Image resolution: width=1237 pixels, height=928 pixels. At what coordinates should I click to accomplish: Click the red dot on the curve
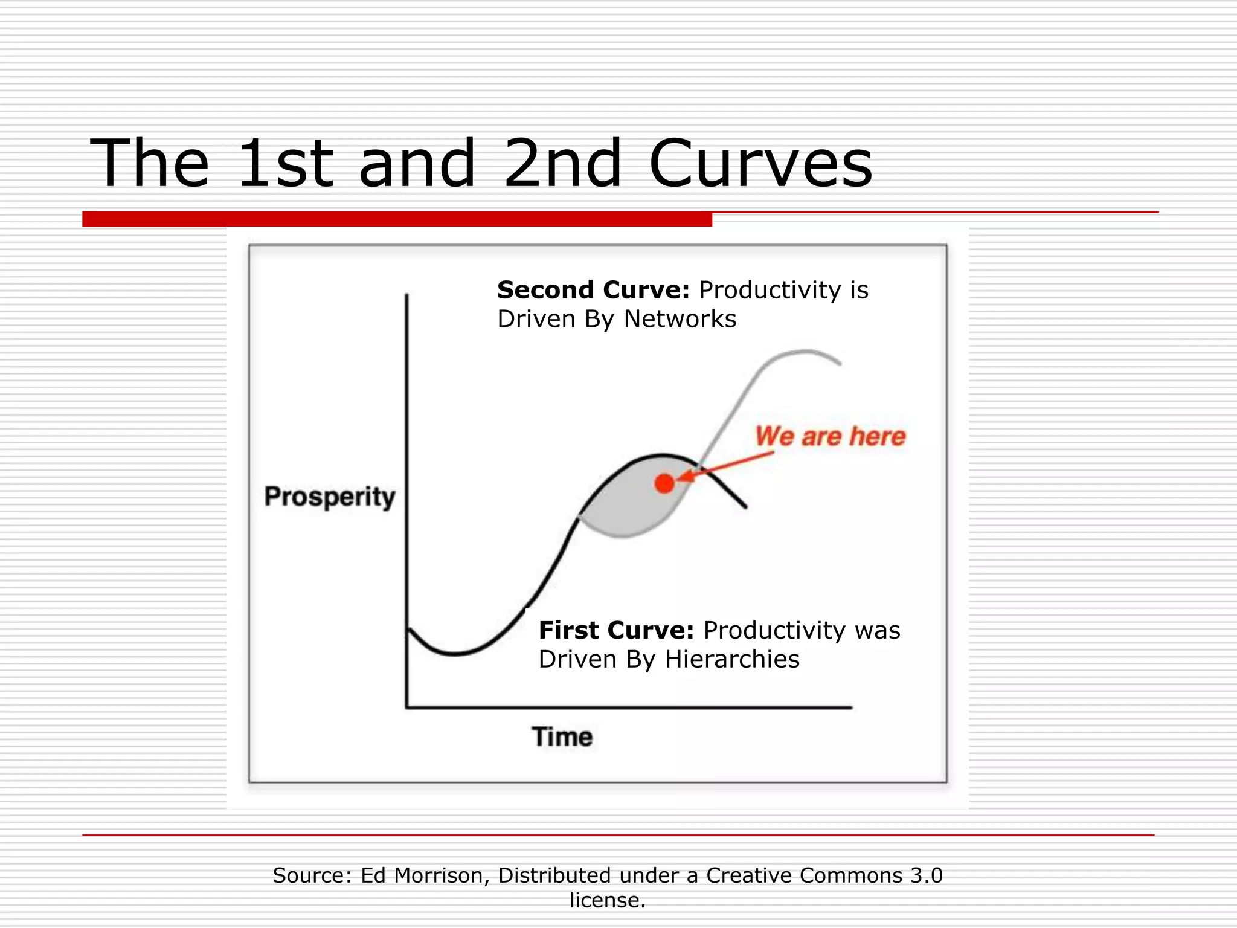click(664, 483)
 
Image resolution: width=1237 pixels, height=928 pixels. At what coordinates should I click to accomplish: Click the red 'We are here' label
click(831, 436)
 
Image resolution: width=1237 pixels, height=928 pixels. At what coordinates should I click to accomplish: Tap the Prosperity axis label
click(330, 497)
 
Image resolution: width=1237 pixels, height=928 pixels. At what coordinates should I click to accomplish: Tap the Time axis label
click(562, 737)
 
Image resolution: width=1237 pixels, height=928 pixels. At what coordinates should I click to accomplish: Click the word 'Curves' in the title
click(761, 163)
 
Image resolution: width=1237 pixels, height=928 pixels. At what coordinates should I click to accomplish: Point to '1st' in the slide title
click(285, 163)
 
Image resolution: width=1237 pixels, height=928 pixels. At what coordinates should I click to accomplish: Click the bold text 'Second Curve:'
click(593, 290)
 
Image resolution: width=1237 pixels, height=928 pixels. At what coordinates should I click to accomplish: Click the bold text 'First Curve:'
click(616, 630)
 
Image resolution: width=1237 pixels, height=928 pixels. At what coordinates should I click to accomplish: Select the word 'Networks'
click(680, 319)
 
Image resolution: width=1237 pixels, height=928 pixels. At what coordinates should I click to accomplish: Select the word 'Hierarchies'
click(732, 659)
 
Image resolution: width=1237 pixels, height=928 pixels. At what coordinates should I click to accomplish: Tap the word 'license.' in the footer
click(608, 900)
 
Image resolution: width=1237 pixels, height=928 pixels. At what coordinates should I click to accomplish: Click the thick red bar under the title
click(397, 219)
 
